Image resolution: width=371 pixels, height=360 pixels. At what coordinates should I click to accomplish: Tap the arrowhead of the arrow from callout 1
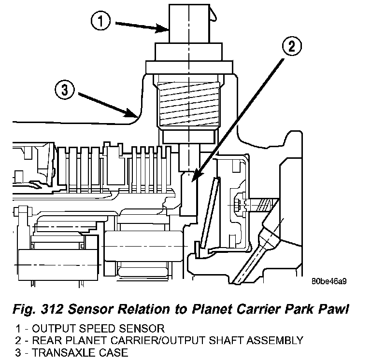[166, 30]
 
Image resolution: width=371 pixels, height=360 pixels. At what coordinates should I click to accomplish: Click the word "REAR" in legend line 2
[42, 341]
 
